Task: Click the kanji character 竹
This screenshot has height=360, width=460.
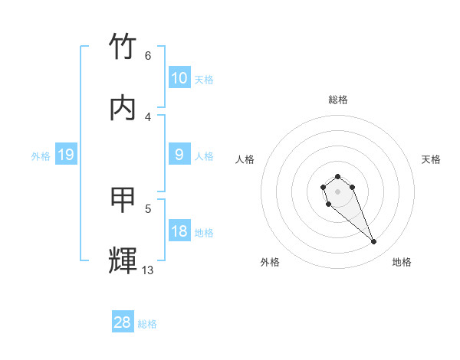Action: point(123,47)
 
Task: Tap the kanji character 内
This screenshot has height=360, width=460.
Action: point(123,107)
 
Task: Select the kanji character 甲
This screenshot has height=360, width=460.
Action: point(123,200)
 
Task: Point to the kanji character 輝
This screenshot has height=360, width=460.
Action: point(123,261)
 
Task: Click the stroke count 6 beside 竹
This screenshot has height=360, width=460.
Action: point(148,55)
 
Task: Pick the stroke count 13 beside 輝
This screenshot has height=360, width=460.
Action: point(148,270)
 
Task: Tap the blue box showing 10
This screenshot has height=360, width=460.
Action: point(179,77)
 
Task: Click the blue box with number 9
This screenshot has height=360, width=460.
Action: point(179,155)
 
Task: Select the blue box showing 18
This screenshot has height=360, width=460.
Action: point(179,231)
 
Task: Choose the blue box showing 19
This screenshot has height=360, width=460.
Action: point(65,155)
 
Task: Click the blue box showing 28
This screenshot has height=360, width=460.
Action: point(123,322)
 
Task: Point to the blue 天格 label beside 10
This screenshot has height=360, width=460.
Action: point(204,79)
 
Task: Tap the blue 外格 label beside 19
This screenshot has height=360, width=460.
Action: point(41,156)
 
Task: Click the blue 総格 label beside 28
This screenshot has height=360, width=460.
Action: point(147,324)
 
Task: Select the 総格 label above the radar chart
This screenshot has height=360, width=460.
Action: point(338,100)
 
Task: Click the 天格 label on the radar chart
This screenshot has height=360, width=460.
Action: point(431,159)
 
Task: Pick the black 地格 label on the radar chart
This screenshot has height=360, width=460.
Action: point(402,262)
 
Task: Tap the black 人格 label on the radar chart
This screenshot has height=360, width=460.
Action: point(245,159)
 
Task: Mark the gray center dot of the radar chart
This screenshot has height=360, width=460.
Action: point(337,191)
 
